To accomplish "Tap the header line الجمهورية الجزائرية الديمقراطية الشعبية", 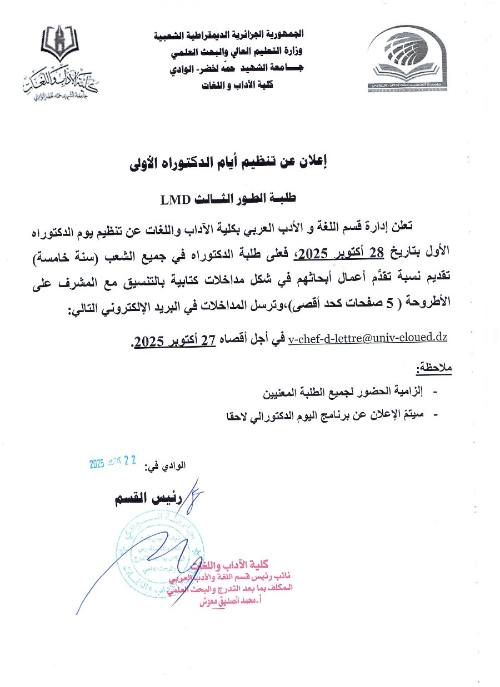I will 228,35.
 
